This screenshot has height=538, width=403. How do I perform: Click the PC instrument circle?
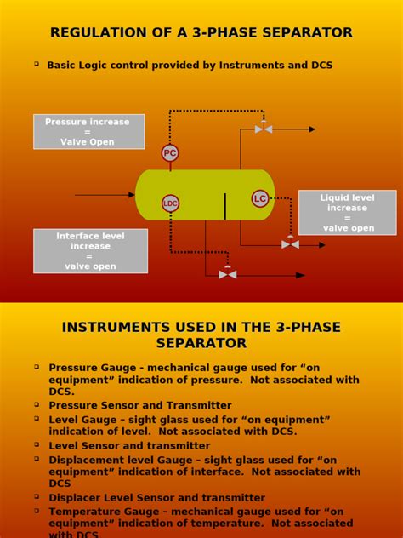(170, 153)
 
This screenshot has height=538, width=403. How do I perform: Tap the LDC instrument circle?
(171, 203)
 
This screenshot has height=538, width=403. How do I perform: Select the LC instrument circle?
(260, 198)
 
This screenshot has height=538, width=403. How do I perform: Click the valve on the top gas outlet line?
(264, 129)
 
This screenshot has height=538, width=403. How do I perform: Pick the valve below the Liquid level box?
(290, 244)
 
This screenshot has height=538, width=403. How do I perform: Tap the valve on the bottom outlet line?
(227, 274)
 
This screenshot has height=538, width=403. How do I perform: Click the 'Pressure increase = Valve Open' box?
(88, 132)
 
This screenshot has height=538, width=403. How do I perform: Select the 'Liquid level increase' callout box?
(347, 213)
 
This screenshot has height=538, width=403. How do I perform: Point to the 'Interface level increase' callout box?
(90, 251)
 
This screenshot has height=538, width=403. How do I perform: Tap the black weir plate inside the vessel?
(225, 206)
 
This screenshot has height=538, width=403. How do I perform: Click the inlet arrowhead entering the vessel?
(132, 195)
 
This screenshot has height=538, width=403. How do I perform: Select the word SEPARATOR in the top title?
(307, 33)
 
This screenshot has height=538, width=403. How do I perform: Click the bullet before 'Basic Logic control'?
(37, 64)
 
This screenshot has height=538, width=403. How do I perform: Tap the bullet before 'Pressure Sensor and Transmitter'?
(37, 404)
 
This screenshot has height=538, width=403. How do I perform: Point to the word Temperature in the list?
(85, 512)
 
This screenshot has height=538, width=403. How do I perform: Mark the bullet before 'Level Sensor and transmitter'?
(37, 444)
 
